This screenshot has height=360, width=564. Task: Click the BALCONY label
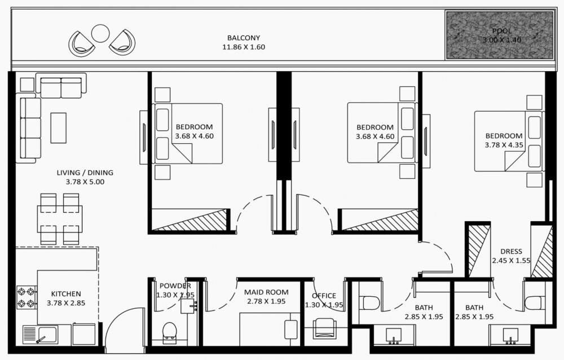coord(244,38)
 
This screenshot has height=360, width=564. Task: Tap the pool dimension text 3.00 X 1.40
coord(502,40)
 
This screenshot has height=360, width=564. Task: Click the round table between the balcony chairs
coord(100,33)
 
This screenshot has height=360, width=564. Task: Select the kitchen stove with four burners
coord(27,298)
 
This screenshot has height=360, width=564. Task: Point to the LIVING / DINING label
coord(85,173)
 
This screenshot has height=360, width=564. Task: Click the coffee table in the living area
coord(58,128)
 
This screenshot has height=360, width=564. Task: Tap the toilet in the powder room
coord(169,332)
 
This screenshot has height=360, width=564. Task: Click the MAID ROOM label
coord(266,292)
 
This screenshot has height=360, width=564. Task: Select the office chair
coord(324,328)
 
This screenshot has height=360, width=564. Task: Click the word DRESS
coord(511,252)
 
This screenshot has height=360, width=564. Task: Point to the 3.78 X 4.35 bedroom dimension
coord(504,145)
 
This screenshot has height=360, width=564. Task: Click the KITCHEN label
coord(66,294)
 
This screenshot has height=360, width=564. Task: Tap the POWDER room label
coord(175,286)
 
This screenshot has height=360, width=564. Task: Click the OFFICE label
coord(324,296)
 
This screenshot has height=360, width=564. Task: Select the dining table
coord(60,219)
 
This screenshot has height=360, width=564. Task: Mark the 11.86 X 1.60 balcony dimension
coord(244,47)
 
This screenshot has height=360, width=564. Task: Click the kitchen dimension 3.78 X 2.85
coord(66,303)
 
